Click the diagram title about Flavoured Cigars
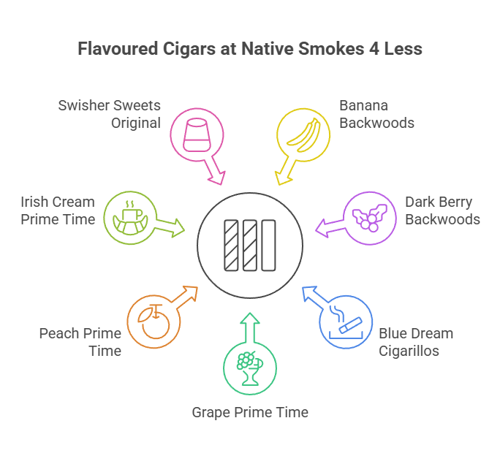250,50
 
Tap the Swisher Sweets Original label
110,114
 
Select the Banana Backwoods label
376,114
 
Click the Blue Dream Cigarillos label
415,341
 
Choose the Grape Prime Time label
250,412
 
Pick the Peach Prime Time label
80,341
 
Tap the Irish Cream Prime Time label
58,210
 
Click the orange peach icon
153,323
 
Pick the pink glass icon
196,134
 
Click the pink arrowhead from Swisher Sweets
216,177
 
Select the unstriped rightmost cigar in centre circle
268,246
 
